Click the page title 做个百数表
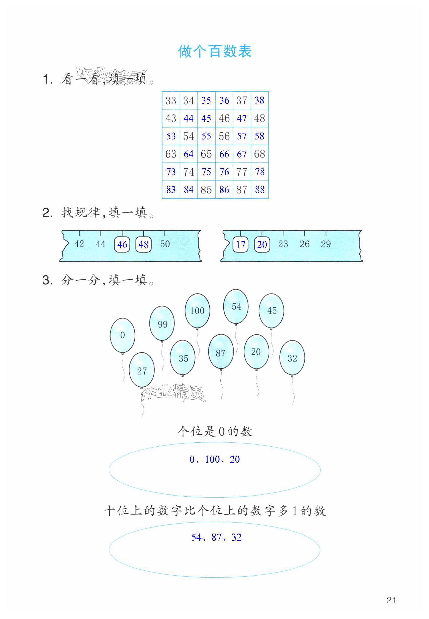(214, 51)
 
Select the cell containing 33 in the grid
(171, 101)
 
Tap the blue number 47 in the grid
(242, 118)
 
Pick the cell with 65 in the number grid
(206, 154)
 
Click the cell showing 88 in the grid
(260, 190)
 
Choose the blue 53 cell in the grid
(171, 136)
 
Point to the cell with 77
(242, 172)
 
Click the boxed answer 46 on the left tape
(122, 245)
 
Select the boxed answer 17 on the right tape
(240, 245)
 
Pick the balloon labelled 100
(197, 311)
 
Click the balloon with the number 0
(123, 335)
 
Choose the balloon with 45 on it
(272, 310)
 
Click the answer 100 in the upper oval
(212, 460)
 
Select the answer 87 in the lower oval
(216, 537)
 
